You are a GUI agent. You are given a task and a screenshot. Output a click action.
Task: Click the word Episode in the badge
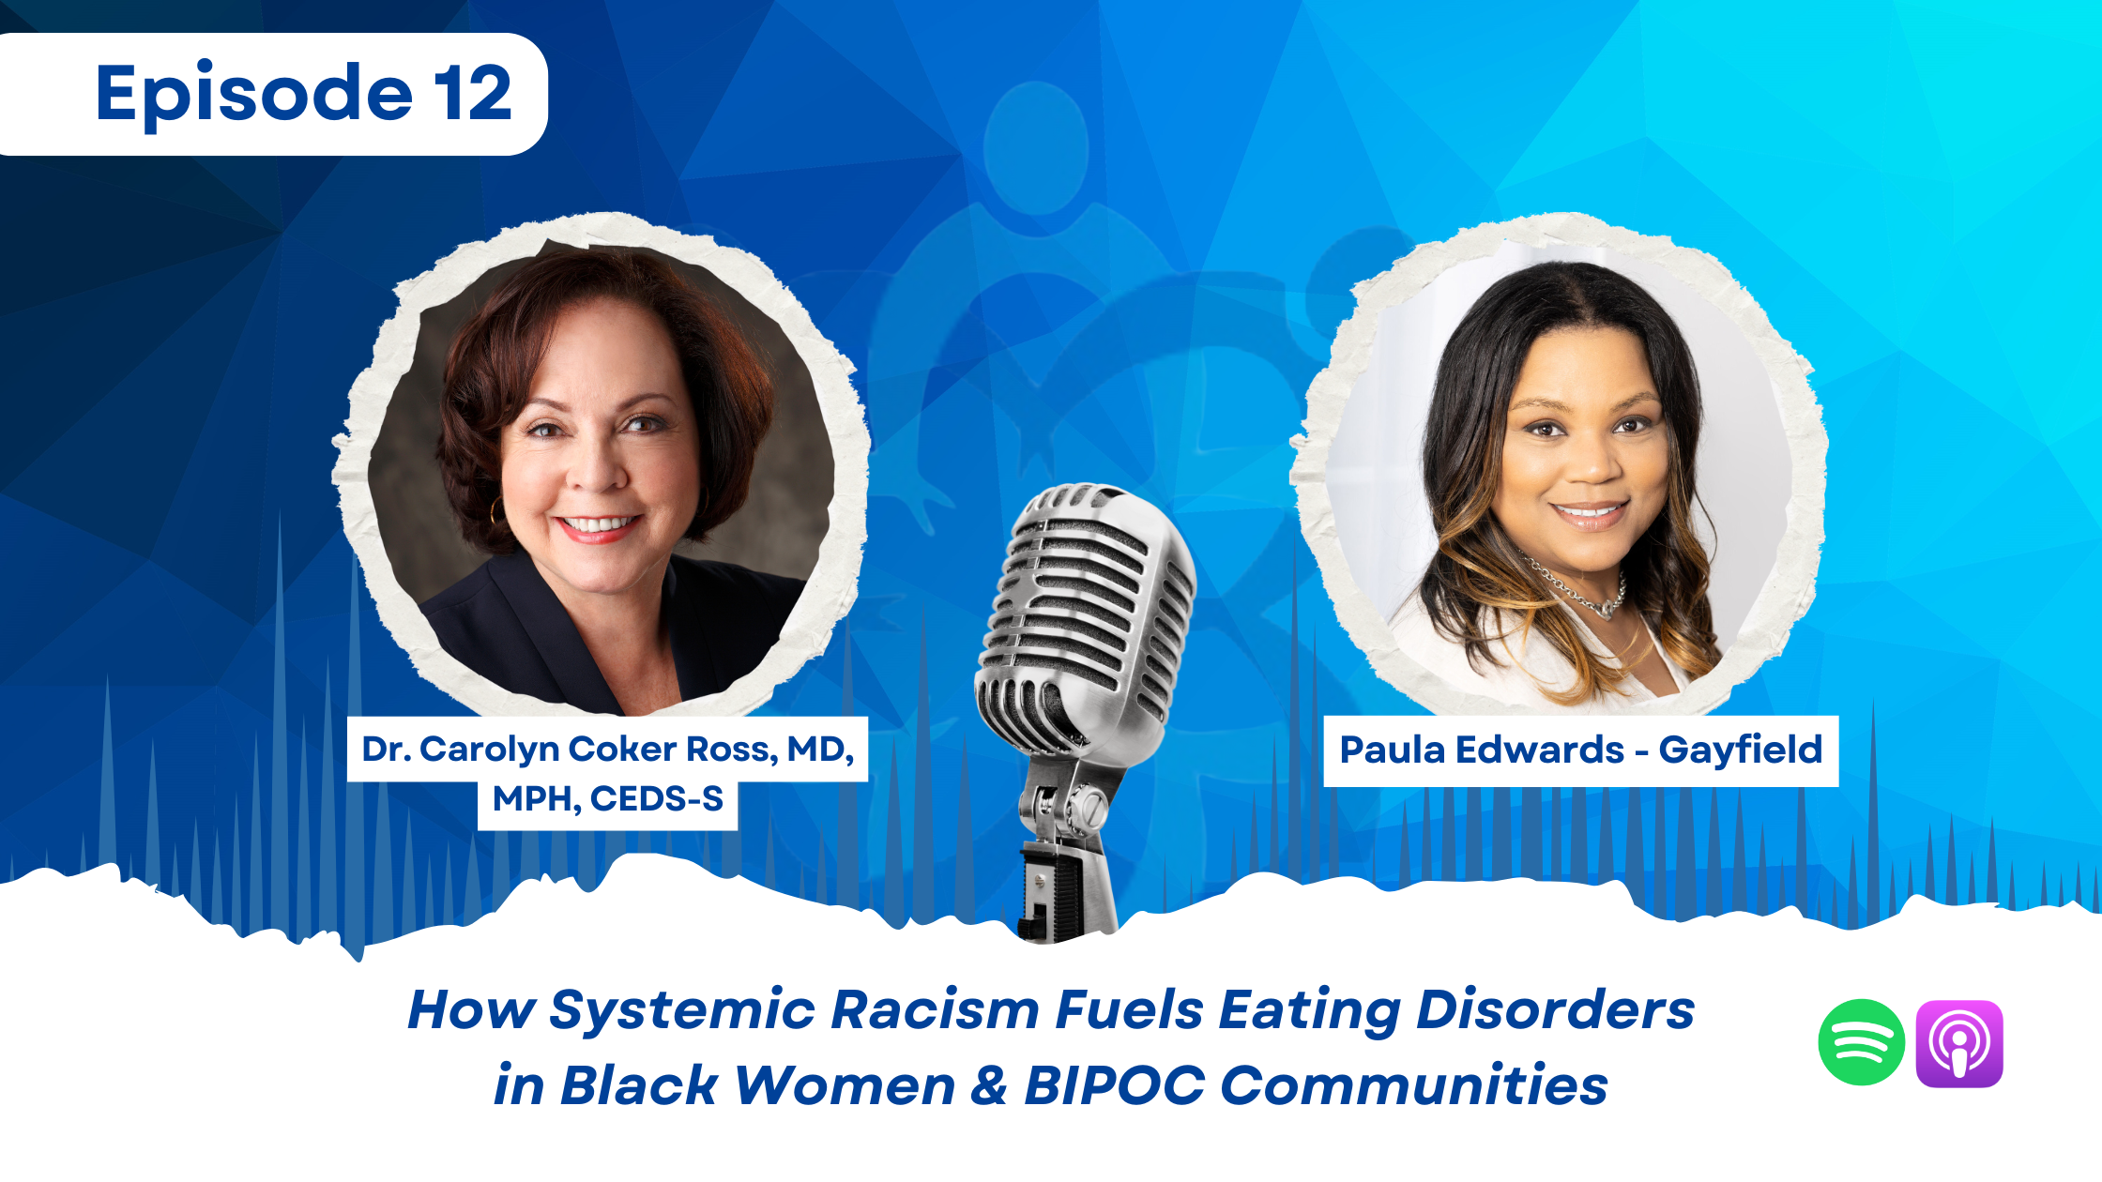point(254,94)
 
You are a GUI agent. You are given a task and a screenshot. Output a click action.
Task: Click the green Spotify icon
point(1861,1042)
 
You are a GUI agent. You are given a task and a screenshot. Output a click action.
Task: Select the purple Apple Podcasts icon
point(1959,1043)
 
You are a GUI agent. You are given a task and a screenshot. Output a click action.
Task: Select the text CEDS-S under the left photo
point(657,799)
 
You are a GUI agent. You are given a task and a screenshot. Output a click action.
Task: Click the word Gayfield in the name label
point(1740,750)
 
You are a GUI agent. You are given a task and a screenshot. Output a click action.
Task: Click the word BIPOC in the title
point(1114,1085)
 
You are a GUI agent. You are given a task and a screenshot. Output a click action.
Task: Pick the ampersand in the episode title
point(988,1085)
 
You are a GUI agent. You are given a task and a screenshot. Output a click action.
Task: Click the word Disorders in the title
point(1555,1010)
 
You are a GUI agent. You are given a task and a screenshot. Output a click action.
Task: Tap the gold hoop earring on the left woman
point(495,512)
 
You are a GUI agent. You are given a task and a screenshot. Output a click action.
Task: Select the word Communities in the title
point(1414,1085)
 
